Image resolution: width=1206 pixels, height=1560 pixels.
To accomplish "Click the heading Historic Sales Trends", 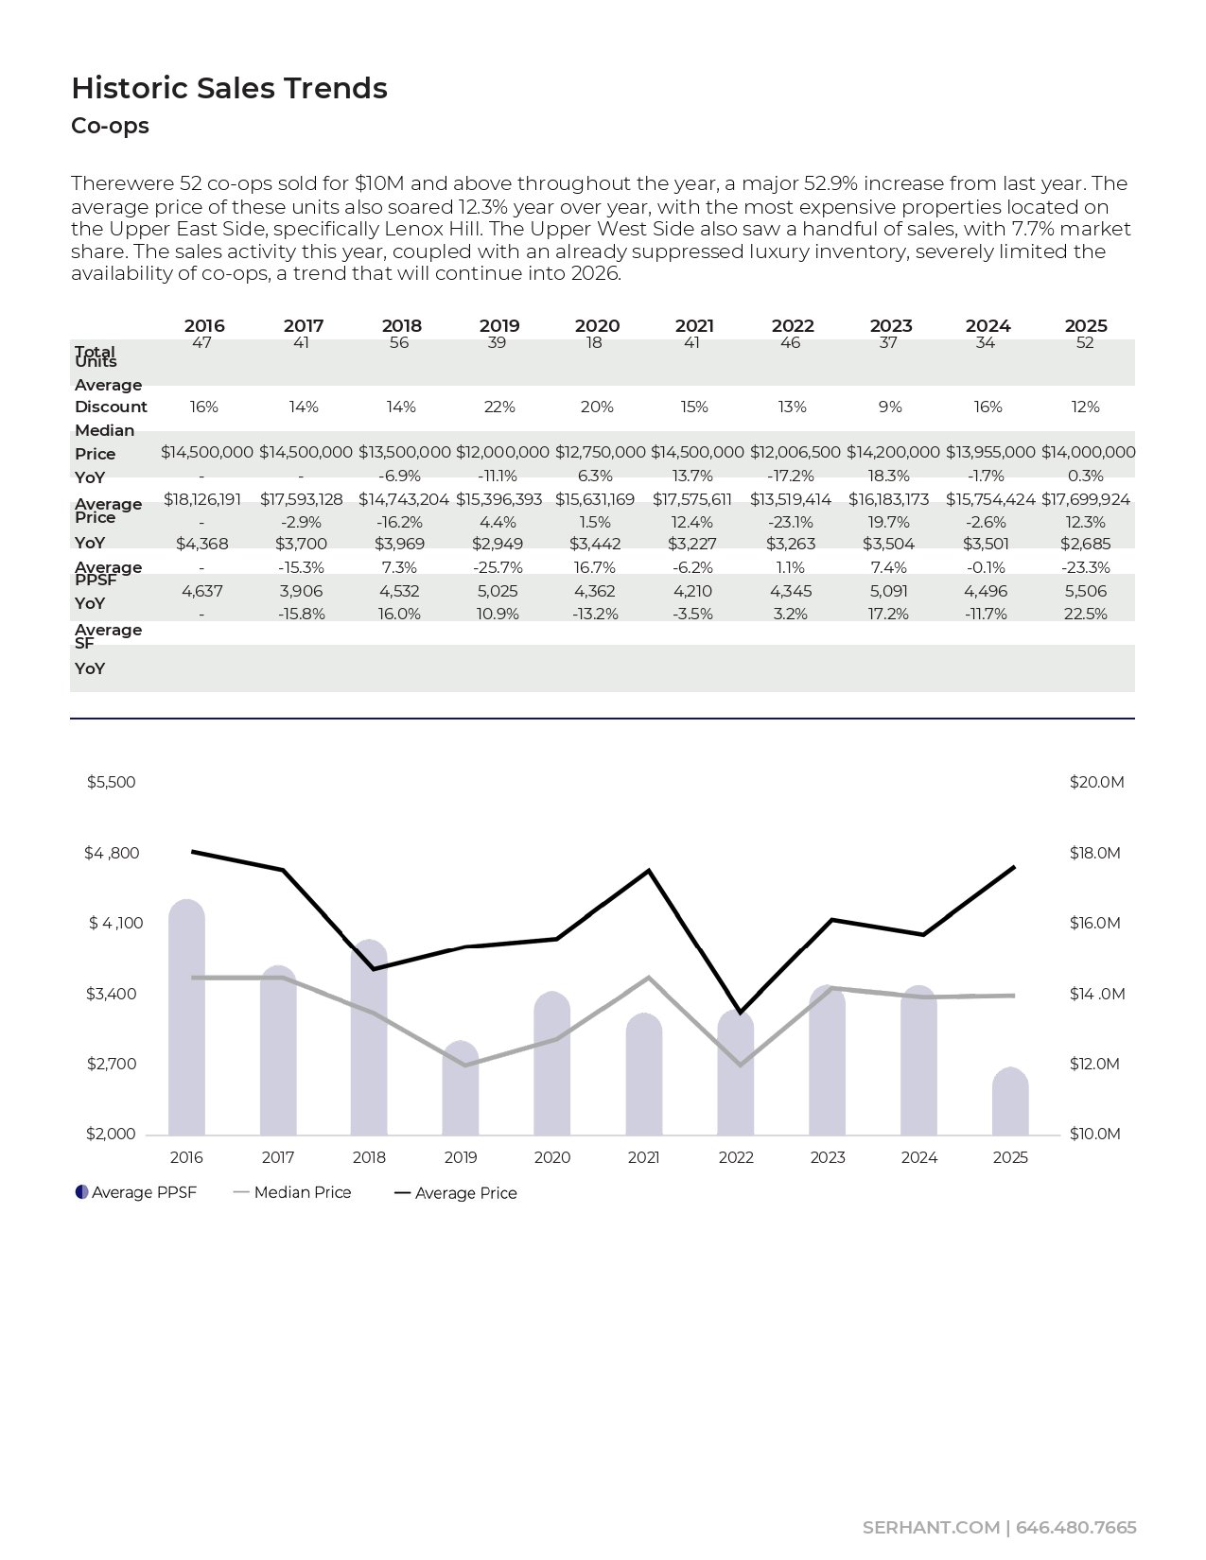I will [x=229, y=88].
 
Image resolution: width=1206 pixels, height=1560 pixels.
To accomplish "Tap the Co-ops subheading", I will [x=110, y=126].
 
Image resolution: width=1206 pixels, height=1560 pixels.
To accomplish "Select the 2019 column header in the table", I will [x=499, y=325].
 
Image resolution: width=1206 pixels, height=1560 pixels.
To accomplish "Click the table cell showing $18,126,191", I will [x=202, y=499].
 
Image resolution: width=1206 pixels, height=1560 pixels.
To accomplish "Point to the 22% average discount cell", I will [x=499, y=407].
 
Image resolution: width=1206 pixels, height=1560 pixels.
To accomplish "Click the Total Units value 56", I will [x=399, y=342].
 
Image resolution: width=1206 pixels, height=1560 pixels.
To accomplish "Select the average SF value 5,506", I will [x=1085, y=591].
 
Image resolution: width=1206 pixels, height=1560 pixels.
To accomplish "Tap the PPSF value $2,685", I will [x=1085, y=544].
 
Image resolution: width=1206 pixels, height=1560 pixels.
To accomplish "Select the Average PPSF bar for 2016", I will [x=186, y=1021].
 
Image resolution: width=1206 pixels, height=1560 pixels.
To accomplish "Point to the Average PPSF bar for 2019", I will [x=461, y=1089].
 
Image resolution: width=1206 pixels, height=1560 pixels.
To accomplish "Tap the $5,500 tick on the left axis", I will [x=111, y=782].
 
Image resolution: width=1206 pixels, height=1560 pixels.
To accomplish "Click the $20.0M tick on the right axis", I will [x=1096, y=782].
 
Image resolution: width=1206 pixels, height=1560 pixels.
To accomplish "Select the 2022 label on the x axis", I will [x=736, y=1157].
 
